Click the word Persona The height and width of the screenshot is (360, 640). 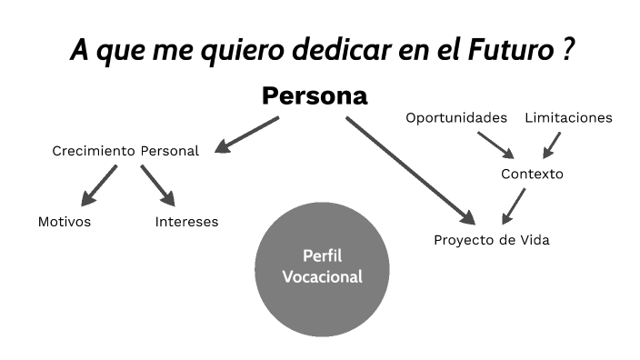(315, 96)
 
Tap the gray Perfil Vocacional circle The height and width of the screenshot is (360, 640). (322, 266)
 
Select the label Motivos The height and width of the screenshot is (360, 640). (65, 222)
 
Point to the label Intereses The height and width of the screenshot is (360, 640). (186, 222)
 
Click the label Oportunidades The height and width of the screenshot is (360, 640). (456, 118)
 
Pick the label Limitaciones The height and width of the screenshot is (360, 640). (568, 118)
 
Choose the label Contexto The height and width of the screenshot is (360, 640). (532, 174)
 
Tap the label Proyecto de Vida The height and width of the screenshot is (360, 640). (491, 241)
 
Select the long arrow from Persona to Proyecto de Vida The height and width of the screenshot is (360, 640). (409, 169)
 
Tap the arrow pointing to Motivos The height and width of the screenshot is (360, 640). (99, 185)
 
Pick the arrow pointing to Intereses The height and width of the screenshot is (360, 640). (157, 185)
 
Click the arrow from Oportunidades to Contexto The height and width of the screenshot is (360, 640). (496, 145)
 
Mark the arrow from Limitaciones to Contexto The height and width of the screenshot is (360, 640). (551, 145)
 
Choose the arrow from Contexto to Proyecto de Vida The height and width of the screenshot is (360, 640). (515, 205)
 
